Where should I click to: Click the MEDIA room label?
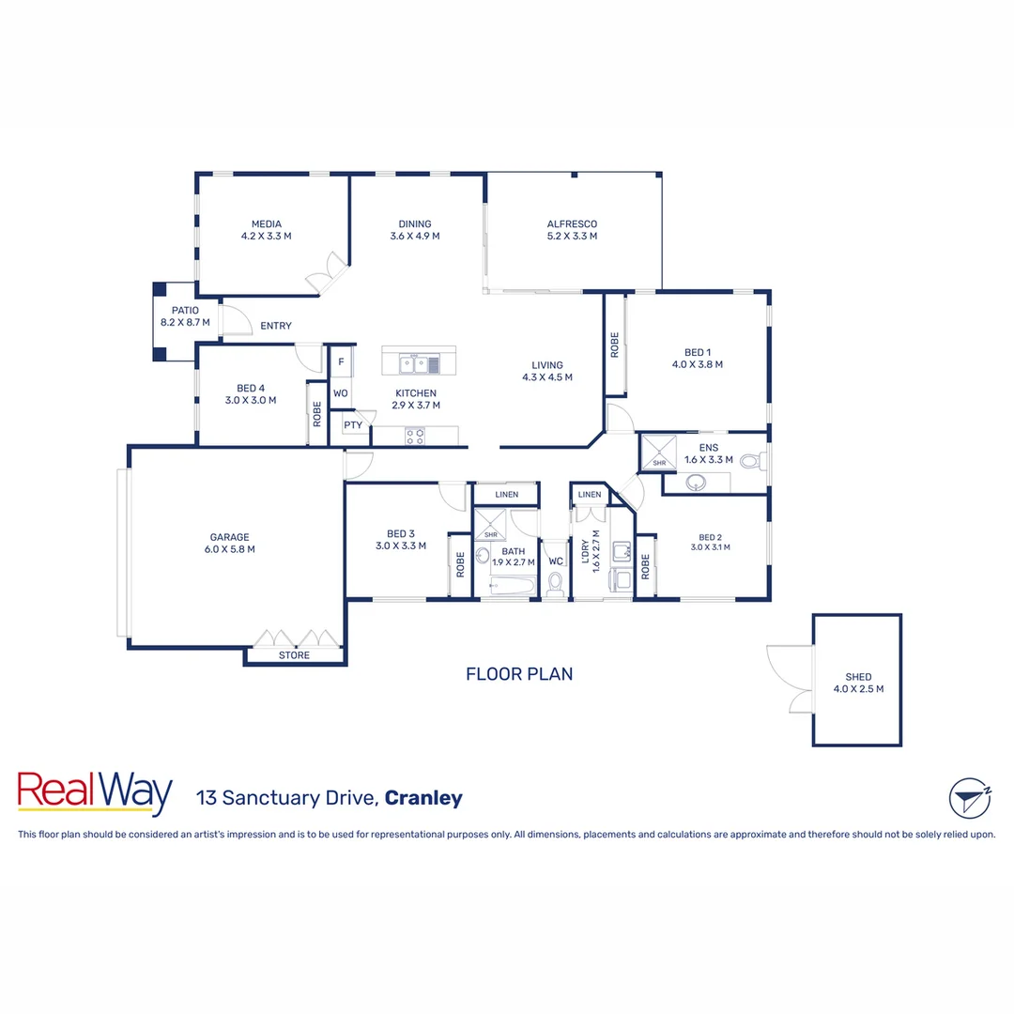point(266,223)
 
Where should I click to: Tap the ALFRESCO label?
point(572,223)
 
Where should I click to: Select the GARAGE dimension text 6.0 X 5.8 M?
point(230,549)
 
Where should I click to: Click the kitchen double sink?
point(414,363)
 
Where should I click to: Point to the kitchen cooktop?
point(415,436)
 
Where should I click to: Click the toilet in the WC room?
point(555,586)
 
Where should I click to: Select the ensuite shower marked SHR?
point(659,453)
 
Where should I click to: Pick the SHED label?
point(858,676)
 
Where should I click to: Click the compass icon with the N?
point(969,798)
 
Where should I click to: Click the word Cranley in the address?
point(423,799)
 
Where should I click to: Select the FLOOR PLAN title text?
point(519,673)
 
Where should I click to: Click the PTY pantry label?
point(353,425)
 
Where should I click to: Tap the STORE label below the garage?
point(294,655)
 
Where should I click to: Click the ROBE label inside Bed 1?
point(615,346)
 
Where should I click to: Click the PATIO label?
point(184,311)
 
